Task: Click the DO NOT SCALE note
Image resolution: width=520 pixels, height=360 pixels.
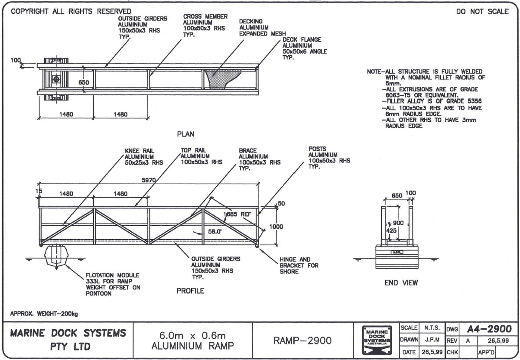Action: coord(482,12)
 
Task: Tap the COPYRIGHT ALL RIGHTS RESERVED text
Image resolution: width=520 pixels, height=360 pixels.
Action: coord(71,11)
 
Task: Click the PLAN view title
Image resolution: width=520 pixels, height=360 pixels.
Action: coord(185,134)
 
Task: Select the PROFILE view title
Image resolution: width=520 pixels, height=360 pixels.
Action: coord(190,291)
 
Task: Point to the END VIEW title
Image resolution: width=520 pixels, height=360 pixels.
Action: coord(401,283)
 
